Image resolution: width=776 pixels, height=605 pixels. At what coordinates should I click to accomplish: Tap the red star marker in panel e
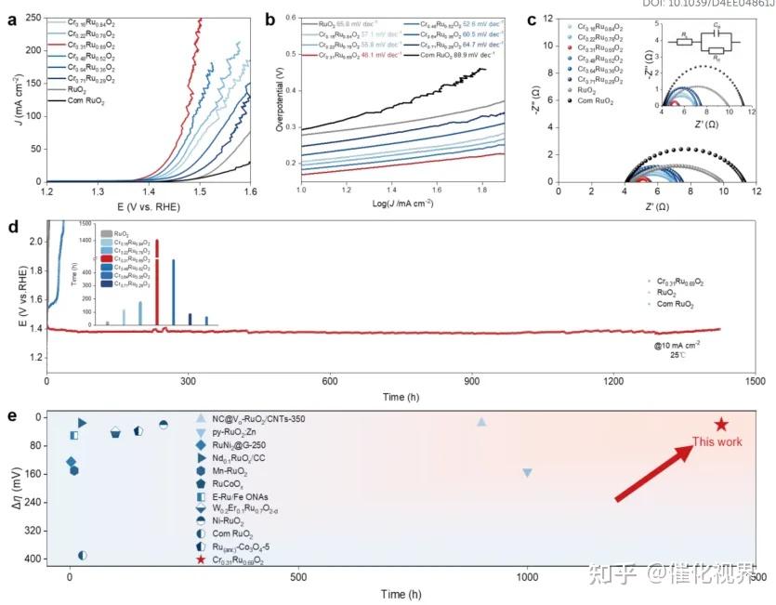721,424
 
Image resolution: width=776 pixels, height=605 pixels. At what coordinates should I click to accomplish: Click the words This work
717,442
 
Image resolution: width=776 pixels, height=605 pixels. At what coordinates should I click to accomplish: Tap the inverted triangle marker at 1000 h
527,473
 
